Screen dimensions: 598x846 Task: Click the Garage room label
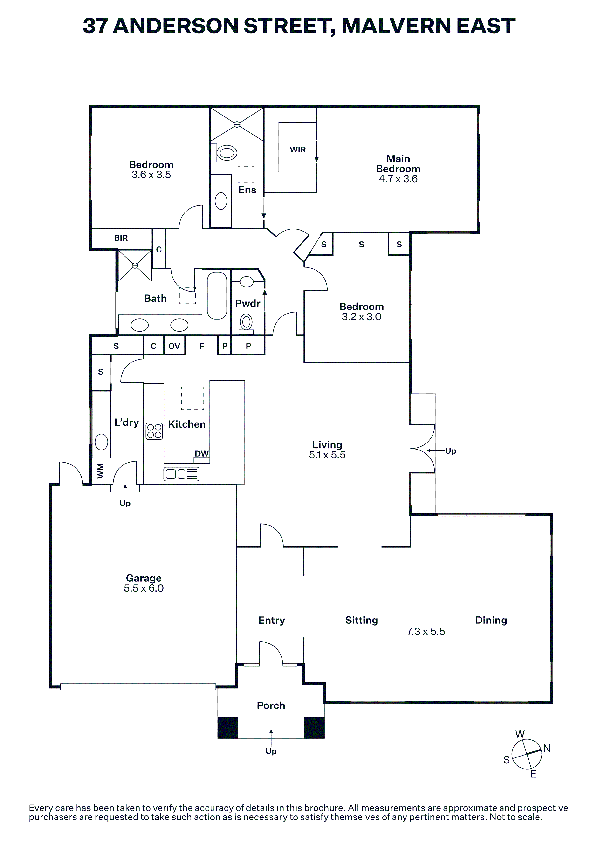point(144,578)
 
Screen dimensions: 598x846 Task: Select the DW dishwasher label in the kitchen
point(201,454)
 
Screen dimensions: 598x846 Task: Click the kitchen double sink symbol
point(181,474)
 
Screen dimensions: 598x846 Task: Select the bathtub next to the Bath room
point(217,295)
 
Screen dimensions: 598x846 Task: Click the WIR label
point(298,150)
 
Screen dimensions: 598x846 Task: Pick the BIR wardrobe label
point(121,238)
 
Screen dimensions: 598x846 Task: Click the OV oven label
point(174,346)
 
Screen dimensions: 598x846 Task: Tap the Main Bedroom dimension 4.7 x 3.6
point(398,179)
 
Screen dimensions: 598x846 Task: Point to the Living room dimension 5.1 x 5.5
point(327,455)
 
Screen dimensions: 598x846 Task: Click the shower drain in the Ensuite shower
point(237,124)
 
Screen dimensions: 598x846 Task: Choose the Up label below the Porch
point(271,751)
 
